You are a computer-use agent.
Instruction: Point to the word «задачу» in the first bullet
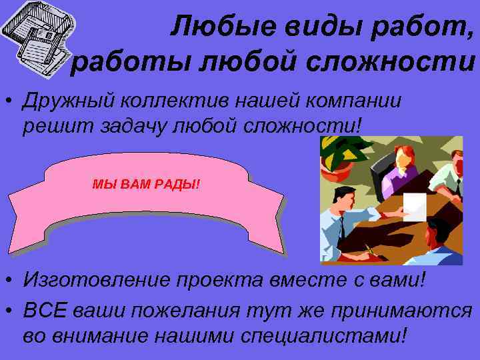coord(144,125)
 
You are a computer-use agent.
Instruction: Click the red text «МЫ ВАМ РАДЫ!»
coord(145,183)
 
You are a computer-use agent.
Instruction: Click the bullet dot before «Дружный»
coord(9,101)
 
